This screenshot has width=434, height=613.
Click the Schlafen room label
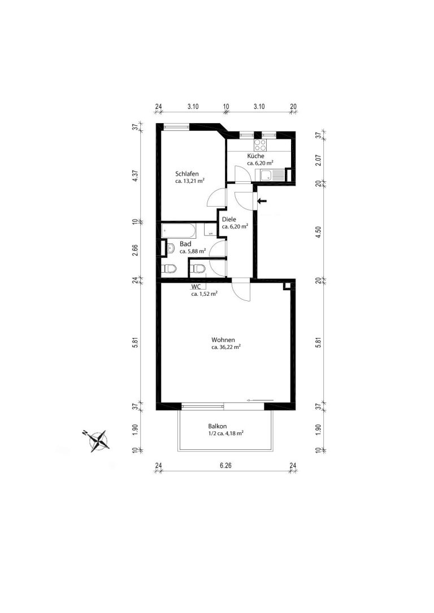[x=186, y=174]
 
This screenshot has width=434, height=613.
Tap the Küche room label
[x=255, y=156]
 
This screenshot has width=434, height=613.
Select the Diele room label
[x=229, y=220]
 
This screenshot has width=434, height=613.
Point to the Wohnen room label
[x=223, y=340]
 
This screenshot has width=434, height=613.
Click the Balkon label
[x=218, y=427]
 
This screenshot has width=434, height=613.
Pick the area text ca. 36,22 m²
[x=226, y=347]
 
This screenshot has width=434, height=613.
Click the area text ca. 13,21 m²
[x=190, y=181]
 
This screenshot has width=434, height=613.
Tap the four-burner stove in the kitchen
[x=261, y=146]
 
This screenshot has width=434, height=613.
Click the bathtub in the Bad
[x=179, y=231]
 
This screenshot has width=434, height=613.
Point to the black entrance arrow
[x=262, y=201]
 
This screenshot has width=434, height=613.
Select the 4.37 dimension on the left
[x=135, y=173]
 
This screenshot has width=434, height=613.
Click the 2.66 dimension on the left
[x=135, y=250]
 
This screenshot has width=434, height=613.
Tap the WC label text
[x=196, y=287]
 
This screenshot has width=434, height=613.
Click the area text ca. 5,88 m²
[x=193, y=251]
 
